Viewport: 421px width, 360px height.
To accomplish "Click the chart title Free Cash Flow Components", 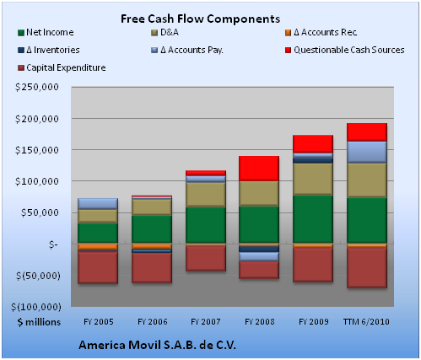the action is [x=200, y=19].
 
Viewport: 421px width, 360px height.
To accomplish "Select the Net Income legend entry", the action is [x=46, y=32].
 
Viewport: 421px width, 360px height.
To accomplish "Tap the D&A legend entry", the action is [x=165, y=32].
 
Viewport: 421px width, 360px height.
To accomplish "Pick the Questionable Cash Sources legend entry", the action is [x=345, y=50].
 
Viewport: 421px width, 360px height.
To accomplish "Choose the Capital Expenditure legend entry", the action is [x=62, y=67].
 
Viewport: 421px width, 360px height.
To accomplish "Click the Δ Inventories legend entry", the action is [x=49, y=50].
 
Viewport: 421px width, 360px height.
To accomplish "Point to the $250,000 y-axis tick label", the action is [x=37, y=87].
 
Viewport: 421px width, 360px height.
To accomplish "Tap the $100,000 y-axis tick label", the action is [x=37, y=181].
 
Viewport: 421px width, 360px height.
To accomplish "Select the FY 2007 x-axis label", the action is [x=206, y=321].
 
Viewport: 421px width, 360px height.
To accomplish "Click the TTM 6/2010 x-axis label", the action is [x=366, y=321].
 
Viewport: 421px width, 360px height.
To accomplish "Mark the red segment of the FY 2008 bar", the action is [x=259, y=169].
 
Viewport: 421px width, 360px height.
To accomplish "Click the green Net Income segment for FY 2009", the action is [x=313, y=219].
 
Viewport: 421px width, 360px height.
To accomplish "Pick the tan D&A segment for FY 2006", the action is [x=152, y=207].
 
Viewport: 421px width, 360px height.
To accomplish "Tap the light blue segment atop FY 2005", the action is [x=98, y=204].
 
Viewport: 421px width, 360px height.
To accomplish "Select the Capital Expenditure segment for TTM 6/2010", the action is [x=367, y=267].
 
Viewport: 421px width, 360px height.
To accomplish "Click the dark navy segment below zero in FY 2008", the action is [x=259, y=249].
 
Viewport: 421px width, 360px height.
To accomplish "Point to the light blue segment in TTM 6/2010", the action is [x=367, y=152].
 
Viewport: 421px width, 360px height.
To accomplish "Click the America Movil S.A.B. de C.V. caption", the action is [x=157, y=345].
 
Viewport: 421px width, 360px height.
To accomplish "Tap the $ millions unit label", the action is [x=39, y=322].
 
